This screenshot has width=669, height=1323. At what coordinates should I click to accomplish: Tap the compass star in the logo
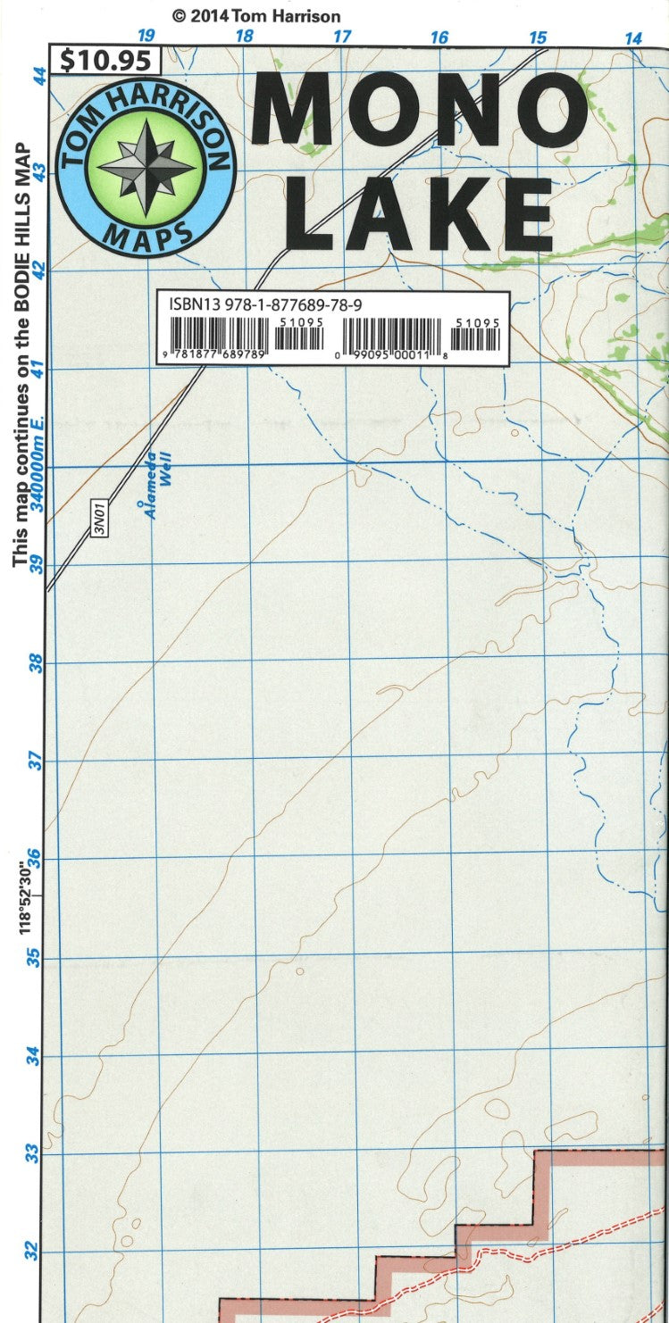point(146,166)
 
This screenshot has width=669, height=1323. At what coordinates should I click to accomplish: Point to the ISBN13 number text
point(264,304)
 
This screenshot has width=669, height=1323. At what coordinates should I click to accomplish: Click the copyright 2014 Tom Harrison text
point(255,16)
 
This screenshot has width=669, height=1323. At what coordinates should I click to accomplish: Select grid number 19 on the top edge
point(146,36)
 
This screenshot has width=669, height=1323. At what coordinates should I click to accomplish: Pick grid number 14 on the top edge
point(633,37)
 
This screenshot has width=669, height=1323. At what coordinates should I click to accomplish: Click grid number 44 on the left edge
point(38,76)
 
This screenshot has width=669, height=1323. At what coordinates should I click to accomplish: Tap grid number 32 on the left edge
point(33,1252)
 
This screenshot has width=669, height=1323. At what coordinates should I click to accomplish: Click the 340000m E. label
point(37,474)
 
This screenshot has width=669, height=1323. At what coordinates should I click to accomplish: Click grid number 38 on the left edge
point(35,663)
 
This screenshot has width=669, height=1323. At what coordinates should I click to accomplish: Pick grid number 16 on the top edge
point(439,37)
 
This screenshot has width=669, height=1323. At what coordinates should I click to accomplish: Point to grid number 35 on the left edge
point(33,958)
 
